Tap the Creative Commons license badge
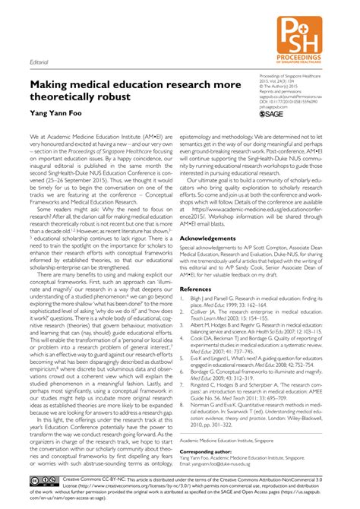pyautogui.click(x=43, y=481)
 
